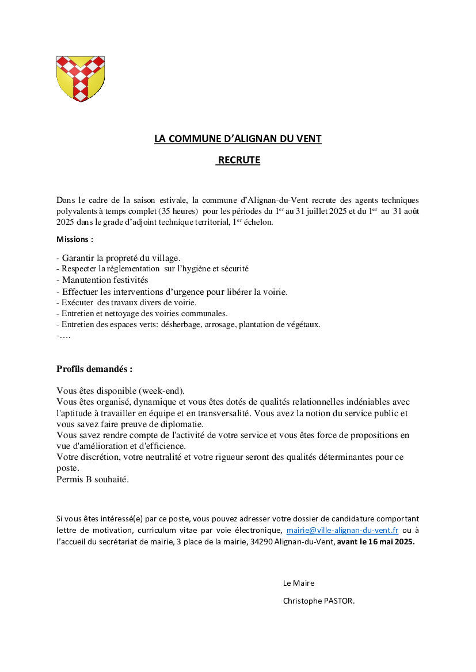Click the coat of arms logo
pos(80,79)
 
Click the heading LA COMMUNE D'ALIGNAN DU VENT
pos(238,139)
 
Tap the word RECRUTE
pos(239,160)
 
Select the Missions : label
pos(74,239)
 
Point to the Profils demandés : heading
pos(94,369)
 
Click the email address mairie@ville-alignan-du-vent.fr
pos(342,531)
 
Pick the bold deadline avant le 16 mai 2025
pos(375,542)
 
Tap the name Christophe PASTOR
pos(319,601)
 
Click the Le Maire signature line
pos(299,583)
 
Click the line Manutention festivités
pos(102,280)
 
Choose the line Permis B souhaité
pos(93,479)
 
